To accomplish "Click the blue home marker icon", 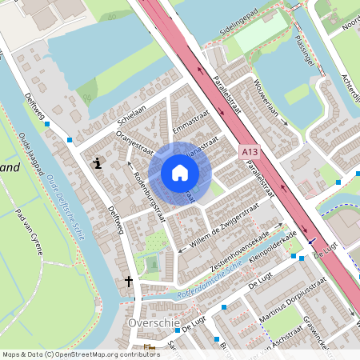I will pos(180,173).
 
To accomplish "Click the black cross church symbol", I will pos(130,282).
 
